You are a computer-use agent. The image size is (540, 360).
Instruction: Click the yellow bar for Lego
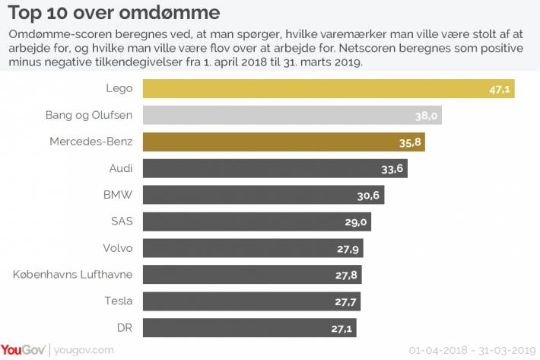pos(329,88)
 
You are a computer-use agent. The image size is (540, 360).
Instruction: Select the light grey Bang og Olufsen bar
pos(292,115)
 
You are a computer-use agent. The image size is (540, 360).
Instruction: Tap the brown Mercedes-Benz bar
pos(284,142)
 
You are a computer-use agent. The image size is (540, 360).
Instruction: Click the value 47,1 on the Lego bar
pos(500,90)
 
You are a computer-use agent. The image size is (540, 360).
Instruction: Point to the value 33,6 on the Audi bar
pos(392,169)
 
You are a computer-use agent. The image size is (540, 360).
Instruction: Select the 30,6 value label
pos(368,196)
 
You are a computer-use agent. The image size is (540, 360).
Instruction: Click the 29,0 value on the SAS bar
pos(356,222)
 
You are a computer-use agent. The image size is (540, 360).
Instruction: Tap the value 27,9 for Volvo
pos(348,249)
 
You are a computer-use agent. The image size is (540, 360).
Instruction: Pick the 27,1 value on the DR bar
pos(341,329)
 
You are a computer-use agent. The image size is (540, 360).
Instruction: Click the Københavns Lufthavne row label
pos(73,275)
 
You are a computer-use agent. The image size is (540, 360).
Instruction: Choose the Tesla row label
pos(119,301)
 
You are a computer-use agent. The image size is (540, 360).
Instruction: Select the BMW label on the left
pos(118,195)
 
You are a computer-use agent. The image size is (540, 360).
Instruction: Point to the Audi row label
pos(121,168)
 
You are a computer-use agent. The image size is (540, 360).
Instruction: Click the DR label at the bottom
pos(125,327)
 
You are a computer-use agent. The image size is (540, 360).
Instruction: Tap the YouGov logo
pos(23,350)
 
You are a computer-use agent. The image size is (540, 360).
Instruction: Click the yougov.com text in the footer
pos(84,350)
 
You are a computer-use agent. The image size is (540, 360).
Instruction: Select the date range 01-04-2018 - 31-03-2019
pos(472,350)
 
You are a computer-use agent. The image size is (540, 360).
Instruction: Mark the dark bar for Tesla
pos(252,301)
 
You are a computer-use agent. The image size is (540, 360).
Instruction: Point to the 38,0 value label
pos(426,116)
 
